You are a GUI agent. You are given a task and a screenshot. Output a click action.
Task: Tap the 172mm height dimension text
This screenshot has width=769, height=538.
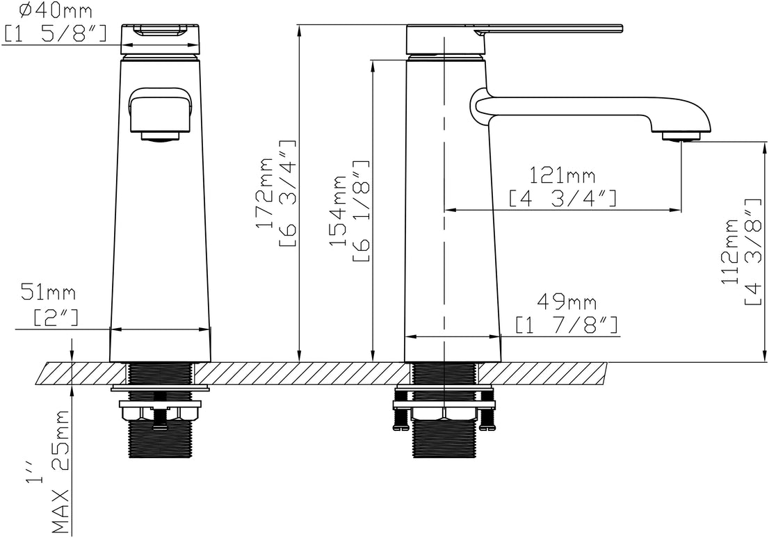pyautogui.click(x=266, y=193)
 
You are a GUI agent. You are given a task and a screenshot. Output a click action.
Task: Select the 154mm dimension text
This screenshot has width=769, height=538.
pyautogui.click(x=339, y=211)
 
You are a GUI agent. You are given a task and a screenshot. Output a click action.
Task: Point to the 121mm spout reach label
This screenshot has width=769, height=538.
pyautogui.click(x=562, y=175)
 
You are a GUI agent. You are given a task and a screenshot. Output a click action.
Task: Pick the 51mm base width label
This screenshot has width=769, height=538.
pyautogui.click(x=48, y=293)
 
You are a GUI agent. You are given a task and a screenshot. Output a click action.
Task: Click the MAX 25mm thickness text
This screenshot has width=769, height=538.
pyautogui.click(x=60, y=471)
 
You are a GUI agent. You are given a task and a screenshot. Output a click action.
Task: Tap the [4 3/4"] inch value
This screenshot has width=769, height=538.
pyautogui.click(x=563, y=199)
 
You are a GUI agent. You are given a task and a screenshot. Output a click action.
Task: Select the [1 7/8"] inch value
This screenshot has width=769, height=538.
pyautogui.click(x=567, y=325)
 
